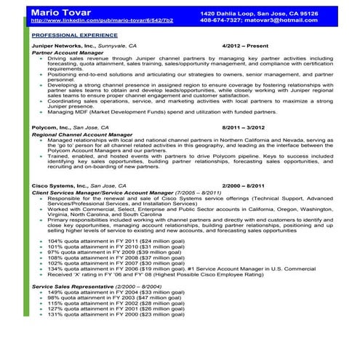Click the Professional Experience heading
pyautogui.click(x=74, y=34)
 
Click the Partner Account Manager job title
pyautogui.click(x=70, y=52)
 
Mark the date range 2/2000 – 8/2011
pyautogui.click(x=244, y=185)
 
